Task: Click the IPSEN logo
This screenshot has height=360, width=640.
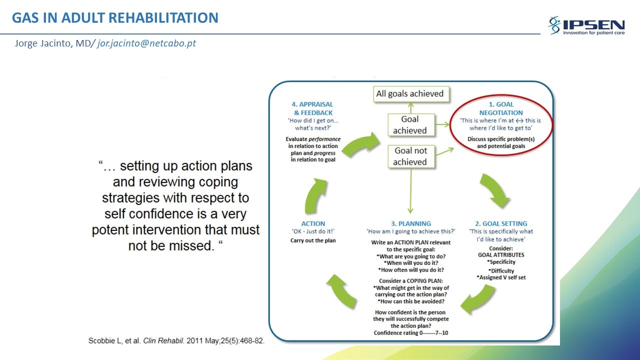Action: (x=586, y=25)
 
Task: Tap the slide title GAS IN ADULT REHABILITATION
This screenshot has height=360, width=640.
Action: (x=115, y=17)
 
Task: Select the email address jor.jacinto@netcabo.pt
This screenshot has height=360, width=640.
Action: (x=146, y=43)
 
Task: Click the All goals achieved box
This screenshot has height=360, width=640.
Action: (x=411, y=93)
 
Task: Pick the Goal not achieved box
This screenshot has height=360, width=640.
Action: (x=411, y=156)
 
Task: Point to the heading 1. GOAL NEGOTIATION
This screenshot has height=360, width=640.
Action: (x=501, y=108)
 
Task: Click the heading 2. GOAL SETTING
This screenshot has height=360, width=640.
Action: (x=501, y=223)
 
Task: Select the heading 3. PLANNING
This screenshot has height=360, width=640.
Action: (x=411, y=223)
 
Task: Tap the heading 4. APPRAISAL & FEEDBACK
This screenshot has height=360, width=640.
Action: (x=313, y=108)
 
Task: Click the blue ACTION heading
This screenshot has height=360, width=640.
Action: (x=313, y=223)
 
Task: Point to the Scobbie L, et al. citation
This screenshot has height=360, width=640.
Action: (x=176, y=341)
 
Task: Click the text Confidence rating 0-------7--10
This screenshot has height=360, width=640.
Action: (x=411, y=333)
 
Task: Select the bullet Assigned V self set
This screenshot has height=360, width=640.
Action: (x=501, y=277)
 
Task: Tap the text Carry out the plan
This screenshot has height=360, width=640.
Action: (x=313, y=240)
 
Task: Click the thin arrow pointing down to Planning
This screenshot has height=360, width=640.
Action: (x=411, y=191)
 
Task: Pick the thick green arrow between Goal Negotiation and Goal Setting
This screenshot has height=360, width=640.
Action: (x=494, y=189)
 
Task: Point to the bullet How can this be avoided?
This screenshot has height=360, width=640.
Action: (x=411, y=301)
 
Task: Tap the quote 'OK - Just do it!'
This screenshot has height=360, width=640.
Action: (x=313, y=231)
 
